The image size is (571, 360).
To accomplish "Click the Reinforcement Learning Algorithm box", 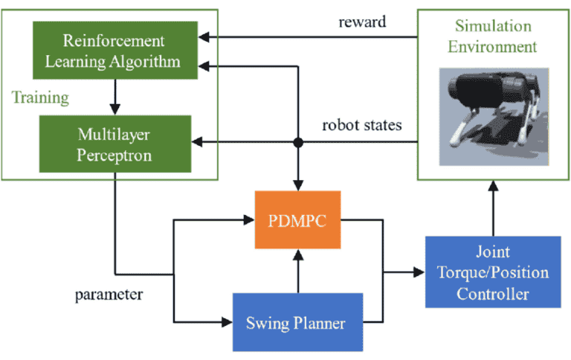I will [x=114, y=50].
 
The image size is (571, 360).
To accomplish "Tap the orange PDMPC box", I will [x=297, y=219].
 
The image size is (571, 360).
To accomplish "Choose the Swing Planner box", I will [x=297, y=324].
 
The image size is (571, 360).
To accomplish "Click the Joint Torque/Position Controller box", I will [x=491, y=272].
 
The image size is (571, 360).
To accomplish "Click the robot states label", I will [x=361, y=125].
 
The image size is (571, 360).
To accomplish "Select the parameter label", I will [x=109, y=294].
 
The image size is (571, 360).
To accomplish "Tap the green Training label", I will [x=40, y=97].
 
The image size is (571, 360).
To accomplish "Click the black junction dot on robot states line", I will [x=297, y=141].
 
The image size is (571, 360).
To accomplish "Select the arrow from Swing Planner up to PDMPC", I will [x=297, y=269].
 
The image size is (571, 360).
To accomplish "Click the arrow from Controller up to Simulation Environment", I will [x=491, y=208].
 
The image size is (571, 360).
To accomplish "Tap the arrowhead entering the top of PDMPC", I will [x=297, y=185].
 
